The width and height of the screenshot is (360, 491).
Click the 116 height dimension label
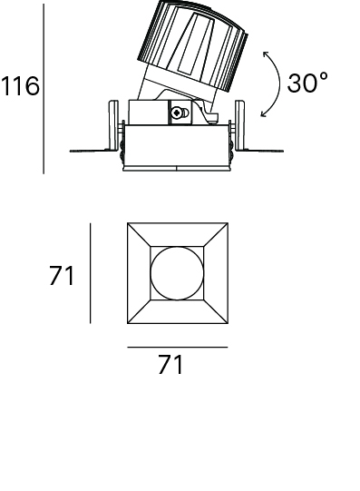coord(20,85)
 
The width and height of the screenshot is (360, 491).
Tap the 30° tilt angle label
coord(307,83)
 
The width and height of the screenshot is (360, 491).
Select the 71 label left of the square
coord(62,275)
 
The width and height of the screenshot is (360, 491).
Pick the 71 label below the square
coord(170,364)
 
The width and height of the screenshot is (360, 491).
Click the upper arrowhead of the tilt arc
coord(266,54)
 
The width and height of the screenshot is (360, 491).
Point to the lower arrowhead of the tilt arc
coord(264,114)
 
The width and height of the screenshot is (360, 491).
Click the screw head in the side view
coord(178,113)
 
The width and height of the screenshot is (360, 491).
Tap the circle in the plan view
coord(177,273)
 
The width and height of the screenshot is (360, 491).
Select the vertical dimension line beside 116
coord(44,89)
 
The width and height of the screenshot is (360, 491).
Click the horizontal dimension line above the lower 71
coord(178,347)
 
